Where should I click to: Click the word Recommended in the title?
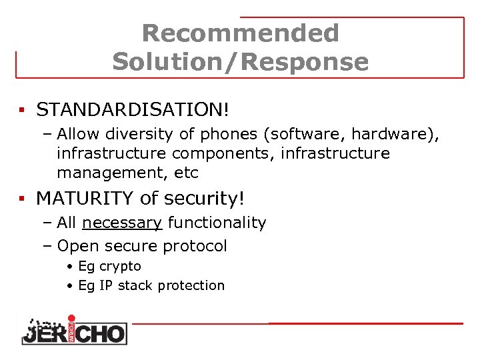click(240, 33)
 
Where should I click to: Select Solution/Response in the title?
click(240, 62)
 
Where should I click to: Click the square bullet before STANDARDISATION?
click(22, 109)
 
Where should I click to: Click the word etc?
click(185, 173)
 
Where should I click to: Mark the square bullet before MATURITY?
click(22, 199)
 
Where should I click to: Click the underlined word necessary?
click(123, 223)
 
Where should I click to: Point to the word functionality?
click(217, 223)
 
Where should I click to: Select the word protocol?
click(197, 246)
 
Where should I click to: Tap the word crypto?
click(120, 267)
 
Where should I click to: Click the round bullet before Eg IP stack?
click(70, 286)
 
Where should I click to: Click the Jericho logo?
click(73, 330)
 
